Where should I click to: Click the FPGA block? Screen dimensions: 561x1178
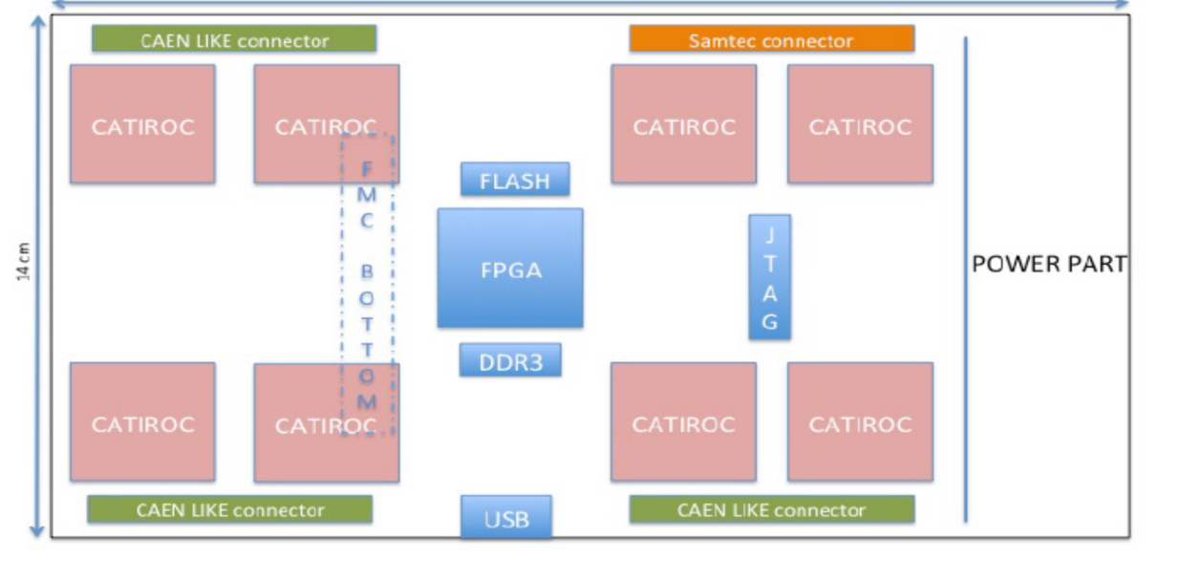pos(510,269)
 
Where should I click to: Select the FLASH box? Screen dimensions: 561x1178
pos(515,180)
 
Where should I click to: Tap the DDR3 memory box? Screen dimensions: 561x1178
pos(510,360)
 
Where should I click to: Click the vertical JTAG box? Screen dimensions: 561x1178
pos(769,276)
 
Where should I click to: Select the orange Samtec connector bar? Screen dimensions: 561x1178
pos(771,39)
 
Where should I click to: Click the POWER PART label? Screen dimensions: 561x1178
pos(1049,264)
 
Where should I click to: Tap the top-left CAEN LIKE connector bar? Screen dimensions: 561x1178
pos(234,39)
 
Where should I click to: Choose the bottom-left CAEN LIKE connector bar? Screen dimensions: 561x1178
pos(230,509)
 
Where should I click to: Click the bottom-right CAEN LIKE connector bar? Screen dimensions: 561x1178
pos(772,509)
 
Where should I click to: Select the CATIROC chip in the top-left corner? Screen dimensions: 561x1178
pos(142,124)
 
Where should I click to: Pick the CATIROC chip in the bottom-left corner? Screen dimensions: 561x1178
pos(142,421)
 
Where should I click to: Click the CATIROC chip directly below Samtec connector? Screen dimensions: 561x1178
pos(684,124)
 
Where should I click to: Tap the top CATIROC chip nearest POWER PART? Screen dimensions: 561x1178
pos(860,124)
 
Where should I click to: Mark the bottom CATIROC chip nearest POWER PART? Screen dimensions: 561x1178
pos(860,421)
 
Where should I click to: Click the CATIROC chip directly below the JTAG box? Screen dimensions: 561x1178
pos(684,421)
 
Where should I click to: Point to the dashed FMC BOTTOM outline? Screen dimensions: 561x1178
pos(367,284)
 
